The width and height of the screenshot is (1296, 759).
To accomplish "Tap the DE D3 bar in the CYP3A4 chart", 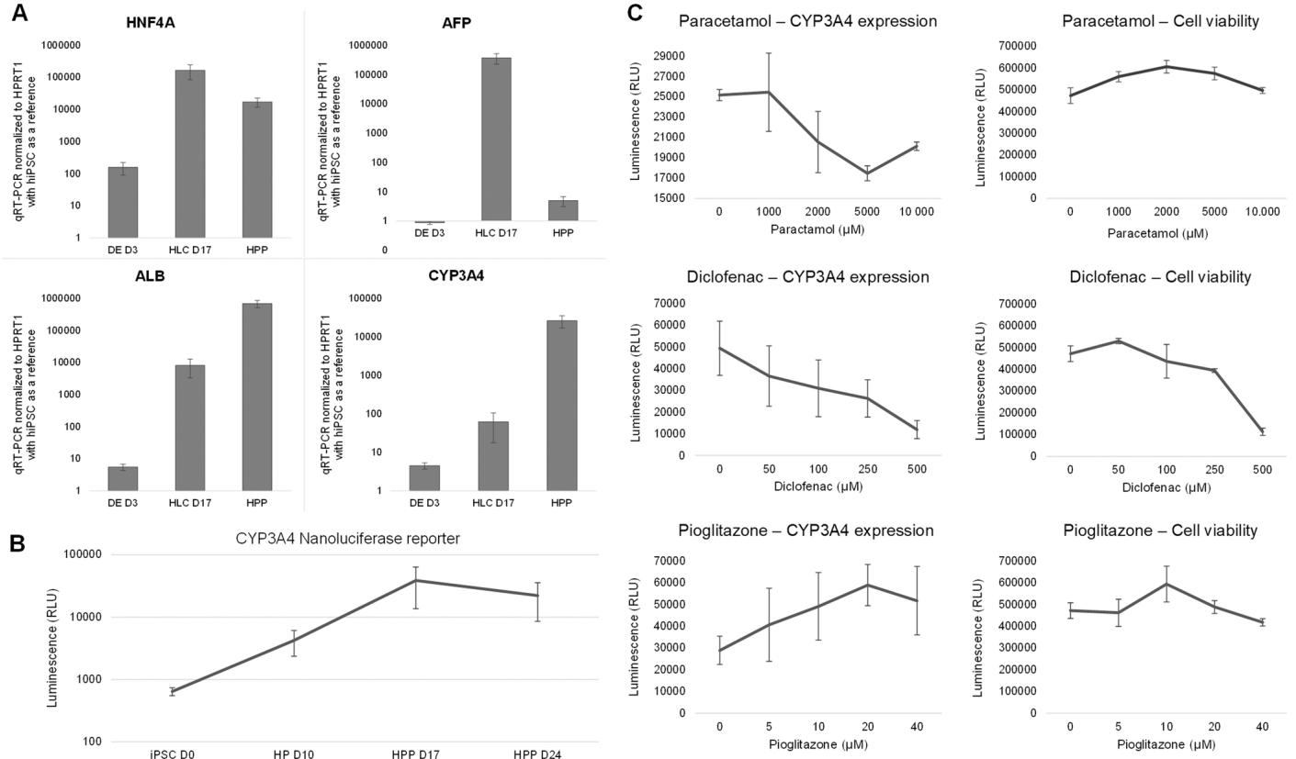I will click(x=424, y=477).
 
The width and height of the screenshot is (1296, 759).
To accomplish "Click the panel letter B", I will click(x=17, y=542).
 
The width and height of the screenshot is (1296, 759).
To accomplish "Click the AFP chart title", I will click(x=456, y=23).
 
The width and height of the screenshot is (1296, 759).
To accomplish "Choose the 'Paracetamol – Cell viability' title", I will click(x=1160, y=21).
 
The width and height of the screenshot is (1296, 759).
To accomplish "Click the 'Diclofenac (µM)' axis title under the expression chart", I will click(x=817, y=486).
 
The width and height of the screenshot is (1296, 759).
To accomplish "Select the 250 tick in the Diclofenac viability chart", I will click(x=1214, y=470).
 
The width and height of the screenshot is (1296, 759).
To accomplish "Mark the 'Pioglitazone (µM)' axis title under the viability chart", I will click(x=1166, y=743).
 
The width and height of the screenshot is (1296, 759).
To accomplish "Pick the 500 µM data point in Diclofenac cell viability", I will click(x=1262, y=431).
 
